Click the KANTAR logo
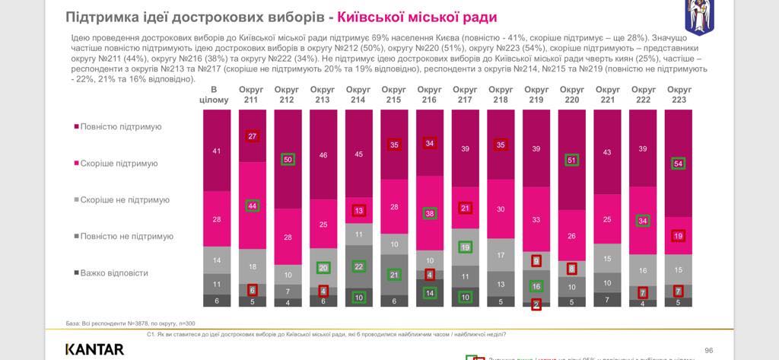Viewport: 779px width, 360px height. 94,349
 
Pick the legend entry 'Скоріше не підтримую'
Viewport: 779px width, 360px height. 125,200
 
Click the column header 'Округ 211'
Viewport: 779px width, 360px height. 251,94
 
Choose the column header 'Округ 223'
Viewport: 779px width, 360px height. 679,94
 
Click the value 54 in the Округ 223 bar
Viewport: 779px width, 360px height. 679,164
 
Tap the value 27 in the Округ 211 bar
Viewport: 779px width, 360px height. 252,136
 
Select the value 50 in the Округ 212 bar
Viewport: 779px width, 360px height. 288,160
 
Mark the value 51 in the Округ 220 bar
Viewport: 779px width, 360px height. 571,160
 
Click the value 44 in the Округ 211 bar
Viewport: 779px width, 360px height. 252,205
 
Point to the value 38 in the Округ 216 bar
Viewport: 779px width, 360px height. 429,214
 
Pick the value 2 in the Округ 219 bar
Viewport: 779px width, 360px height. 536,304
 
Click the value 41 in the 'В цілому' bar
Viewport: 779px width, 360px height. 216,151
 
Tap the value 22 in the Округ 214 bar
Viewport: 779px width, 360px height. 358,266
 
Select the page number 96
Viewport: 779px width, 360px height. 708,349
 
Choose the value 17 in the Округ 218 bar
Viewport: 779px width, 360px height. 501,256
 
